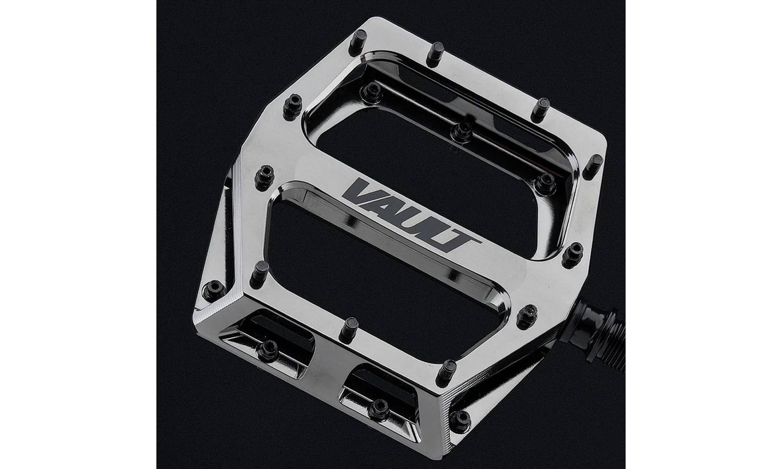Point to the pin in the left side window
pyautogui.click(x=268, y=348)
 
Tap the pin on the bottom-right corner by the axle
pyautogui.click(x=458, y=417)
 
